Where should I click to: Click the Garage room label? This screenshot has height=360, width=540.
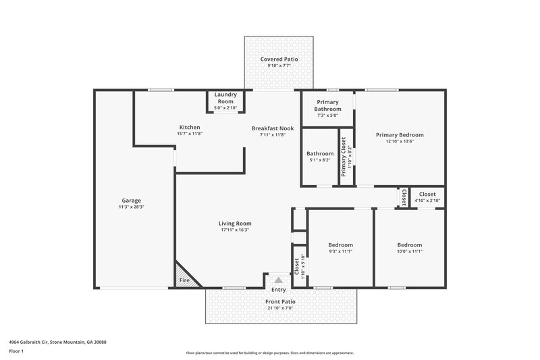[x=131, y=200]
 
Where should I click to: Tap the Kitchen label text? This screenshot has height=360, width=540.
[x=189, y=127]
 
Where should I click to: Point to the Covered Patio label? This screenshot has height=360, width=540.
[x=279, y=59]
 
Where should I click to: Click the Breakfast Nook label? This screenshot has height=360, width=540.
[x=273, y=128]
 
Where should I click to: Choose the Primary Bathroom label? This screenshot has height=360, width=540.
[x=327, y=105]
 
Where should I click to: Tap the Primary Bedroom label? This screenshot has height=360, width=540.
[x=400, y=135]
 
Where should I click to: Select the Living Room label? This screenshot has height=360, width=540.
[x=234, y=224]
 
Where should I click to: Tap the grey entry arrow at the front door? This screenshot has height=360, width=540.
[x=278, y=279]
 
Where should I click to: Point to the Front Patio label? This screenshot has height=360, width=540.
[x=279, y=302]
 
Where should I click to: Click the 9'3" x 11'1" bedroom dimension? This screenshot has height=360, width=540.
[x=340, y=251]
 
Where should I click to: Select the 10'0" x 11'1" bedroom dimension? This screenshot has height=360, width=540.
[x=409, y=251]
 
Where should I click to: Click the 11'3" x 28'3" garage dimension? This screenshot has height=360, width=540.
[x=131, y=207]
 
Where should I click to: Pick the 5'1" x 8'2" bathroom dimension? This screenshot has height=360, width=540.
[x=320, y=160]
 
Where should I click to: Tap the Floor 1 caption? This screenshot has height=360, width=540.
[x=17, y=352]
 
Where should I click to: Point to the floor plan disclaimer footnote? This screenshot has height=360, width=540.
[x=269, y=353]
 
